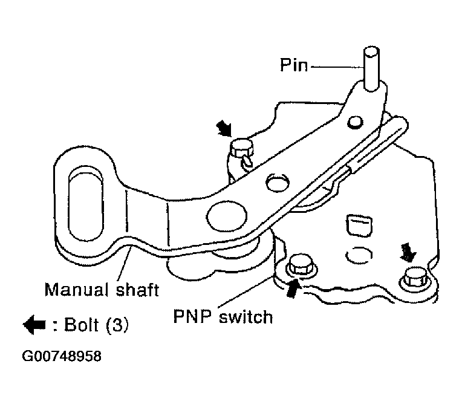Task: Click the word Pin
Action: tap(293, 65)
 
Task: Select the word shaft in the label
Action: tap(138, 290)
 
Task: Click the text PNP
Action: tap(193, 316)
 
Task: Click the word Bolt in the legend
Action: tap(81, 325)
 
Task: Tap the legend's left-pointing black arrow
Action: tap(34, 325)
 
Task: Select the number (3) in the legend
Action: tap(117, 325)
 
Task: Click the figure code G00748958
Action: tap(62, 356)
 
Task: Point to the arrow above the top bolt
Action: tap(224, 128)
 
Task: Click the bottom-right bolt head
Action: tap(415, 278)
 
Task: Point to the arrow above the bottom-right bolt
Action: tap(408, 252)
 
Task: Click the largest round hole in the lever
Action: tap(227, 216)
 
